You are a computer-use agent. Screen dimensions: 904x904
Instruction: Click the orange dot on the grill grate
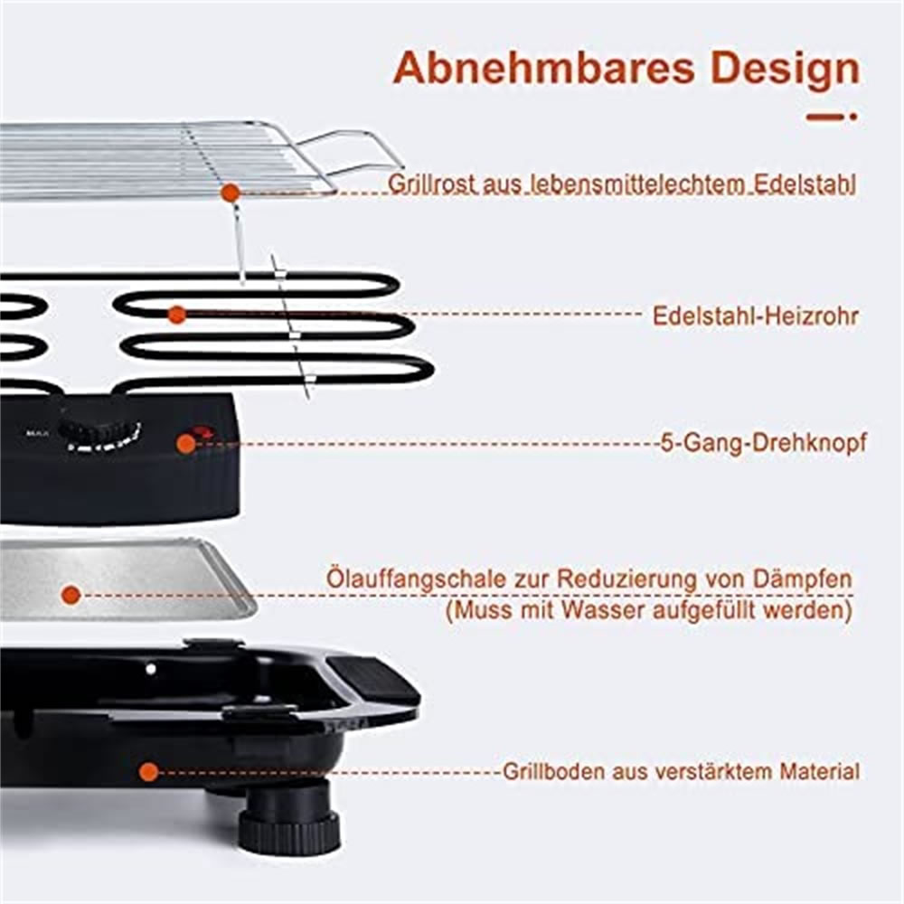[x=231, y=193]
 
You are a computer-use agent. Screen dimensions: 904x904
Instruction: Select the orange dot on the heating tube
[x=177, y=315]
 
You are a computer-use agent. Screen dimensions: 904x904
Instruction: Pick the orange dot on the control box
[x=186, y=443]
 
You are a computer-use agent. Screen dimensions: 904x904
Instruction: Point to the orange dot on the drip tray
[x=71, y=595]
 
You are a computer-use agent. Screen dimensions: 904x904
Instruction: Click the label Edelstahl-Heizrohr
[x=755, y=316]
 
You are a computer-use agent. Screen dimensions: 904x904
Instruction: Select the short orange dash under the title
[x=826, y=117]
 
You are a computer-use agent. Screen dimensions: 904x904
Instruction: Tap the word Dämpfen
[x=805, y=579]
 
